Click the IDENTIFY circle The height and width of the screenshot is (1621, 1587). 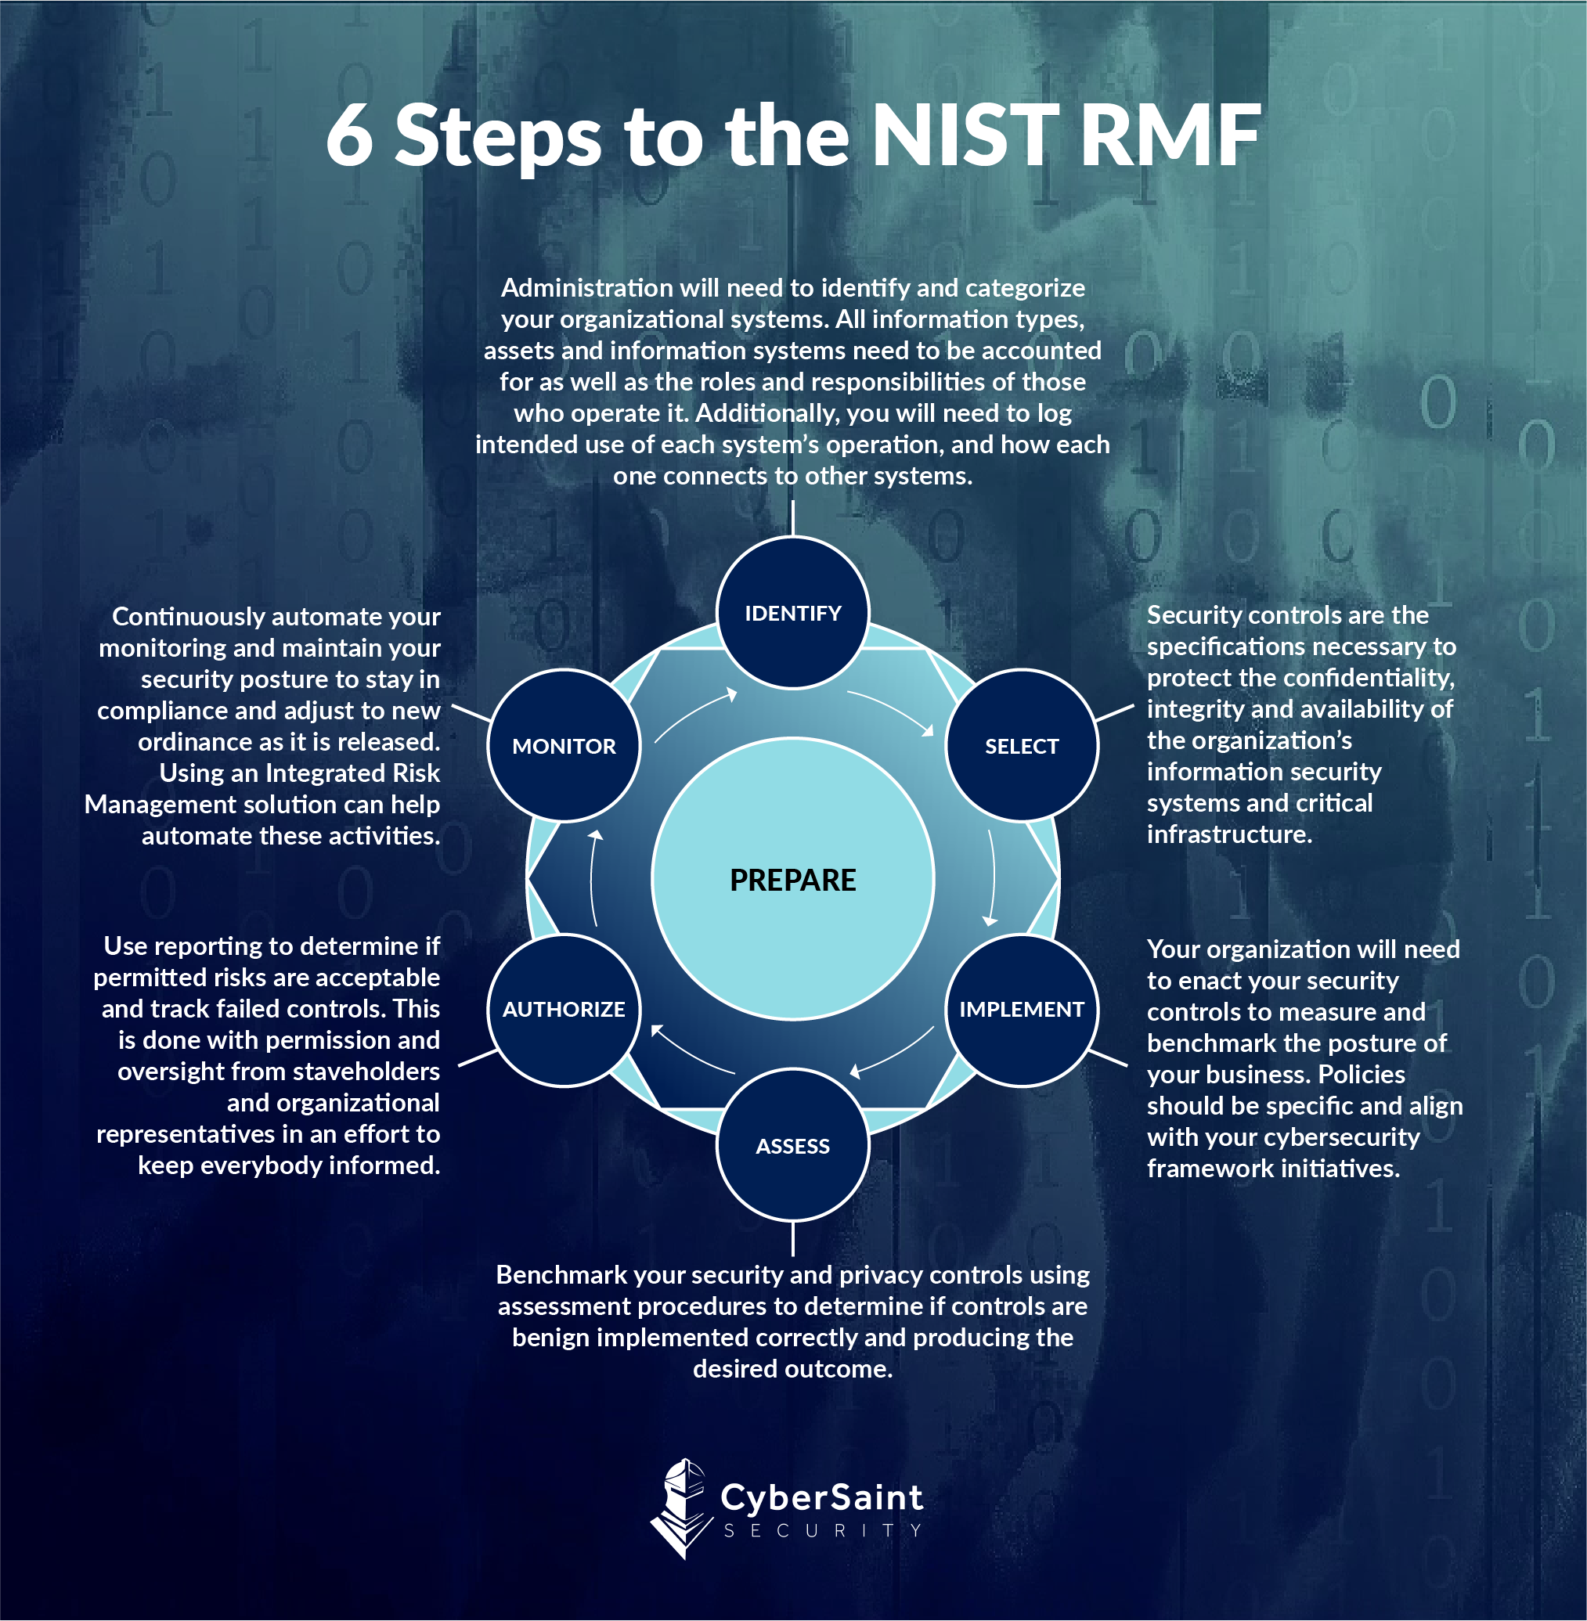792,613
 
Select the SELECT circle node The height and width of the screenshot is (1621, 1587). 1021,746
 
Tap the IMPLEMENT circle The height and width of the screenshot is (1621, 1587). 1021,1009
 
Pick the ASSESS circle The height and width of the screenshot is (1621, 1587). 792,1146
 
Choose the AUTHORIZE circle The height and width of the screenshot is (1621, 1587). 564,1009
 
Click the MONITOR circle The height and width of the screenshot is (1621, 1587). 564,746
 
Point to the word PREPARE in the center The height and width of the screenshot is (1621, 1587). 792,880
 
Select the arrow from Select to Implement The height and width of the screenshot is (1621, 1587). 993,877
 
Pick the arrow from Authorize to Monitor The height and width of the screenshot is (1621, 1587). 593,877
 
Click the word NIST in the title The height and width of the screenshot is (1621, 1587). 965,135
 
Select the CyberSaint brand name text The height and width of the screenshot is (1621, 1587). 822,1497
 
